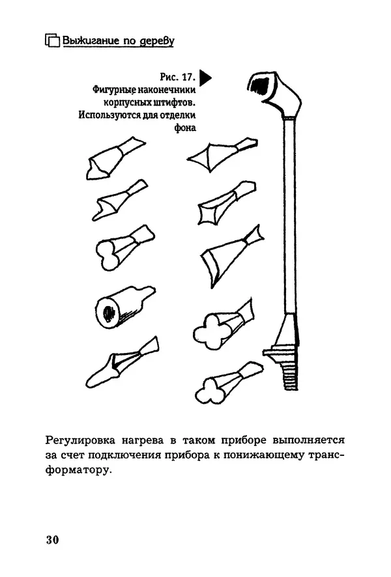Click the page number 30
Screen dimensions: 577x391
click(x=53, y=540)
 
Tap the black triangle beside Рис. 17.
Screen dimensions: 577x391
click(x=205, y=77)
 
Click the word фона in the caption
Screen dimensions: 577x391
click(x=185, y=128)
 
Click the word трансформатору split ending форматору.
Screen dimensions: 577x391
click(x=76, y=470)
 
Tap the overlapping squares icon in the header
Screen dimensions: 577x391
click(x=53, y=40)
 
